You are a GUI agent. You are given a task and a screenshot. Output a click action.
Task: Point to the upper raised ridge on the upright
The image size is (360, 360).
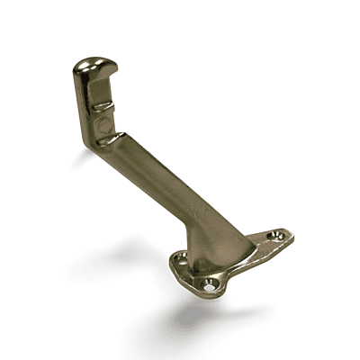[x=100, y=105]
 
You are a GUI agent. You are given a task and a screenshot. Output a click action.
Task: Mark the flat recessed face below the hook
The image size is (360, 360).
[x=102, y=90]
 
